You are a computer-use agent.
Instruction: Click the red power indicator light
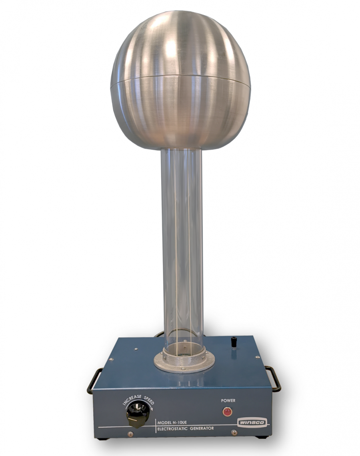227,412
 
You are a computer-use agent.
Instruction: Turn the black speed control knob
138,414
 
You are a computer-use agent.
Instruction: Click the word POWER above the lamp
228,400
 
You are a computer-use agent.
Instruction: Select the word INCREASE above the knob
132,399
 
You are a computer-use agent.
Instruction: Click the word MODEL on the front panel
165,422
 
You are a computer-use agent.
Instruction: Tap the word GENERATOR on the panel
202,428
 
